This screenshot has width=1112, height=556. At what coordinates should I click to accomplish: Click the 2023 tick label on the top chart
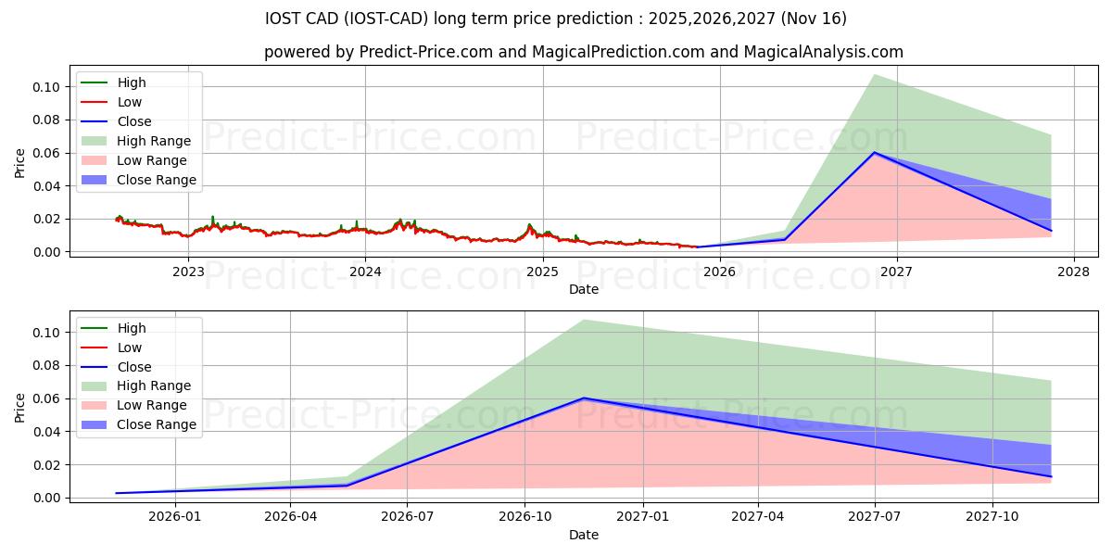click(x=188, y=272)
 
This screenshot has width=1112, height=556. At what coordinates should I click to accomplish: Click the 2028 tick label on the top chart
click(x=1073, y=272)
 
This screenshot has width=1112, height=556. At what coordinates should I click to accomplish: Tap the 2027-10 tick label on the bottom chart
click(x=992, y=517)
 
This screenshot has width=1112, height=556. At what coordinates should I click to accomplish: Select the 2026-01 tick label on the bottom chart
click(x=174, y=517)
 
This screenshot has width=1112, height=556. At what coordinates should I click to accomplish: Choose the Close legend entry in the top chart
click(x=134, y=121)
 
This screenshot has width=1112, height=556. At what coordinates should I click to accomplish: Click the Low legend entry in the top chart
click(x=130, y=102)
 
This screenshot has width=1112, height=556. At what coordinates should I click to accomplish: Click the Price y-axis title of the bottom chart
click(x=20, y=407)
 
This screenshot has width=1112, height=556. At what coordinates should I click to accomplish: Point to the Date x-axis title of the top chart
click(x=584, y=289)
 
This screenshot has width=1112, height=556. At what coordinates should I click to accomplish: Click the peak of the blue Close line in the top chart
click(x=874, y=152)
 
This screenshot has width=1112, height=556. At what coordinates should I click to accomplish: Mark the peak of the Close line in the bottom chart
click(x=583, y=398)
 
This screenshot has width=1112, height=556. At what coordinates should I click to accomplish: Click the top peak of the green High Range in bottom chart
click(x=583, y=320)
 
